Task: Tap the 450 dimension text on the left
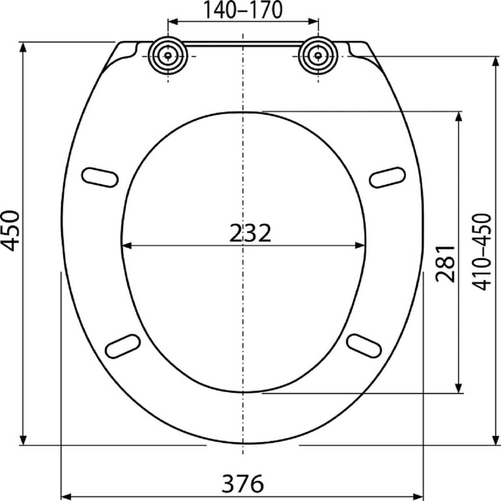(x=10, y=231)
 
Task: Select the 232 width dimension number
(x=250, y=233)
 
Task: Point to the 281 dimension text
(x=445, y=263)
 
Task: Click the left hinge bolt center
(x=168, y=56)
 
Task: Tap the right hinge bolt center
(x=318, y=56)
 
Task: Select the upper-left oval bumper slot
(x=100, y=177)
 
